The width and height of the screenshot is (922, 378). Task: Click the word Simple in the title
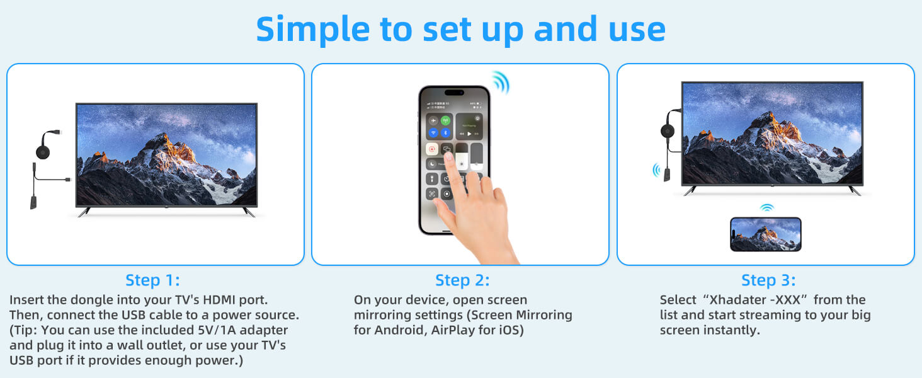point(313,30)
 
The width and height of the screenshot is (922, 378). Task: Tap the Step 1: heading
point(152,280)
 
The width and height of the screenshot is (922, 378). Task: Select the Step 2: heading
point(462,280)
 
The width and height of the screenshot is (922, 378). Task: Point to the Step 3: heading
point(768,280)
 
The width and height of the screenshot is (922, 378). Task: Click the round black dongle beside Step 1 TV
point(43,152)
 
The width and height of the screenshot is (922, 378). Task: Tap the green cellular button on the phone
point(445,121)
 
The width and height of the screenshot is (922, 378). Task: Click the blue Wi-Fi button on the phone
point(433,132)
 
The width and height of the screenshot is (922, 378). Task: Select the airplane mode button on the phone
point(433,121)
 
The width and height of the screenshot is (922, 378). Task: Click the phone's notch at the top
point(455,92)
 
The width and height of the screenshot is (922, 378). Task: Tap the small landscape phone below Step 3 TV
point(766,234)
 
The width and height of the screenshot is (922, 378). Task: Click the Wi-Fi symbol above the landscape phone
point(766,207)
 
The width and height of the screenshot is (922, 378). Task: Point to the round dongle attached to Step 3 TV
point(668,132)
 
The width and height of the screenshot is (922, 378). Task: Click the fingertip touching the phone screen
point(448,157)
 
